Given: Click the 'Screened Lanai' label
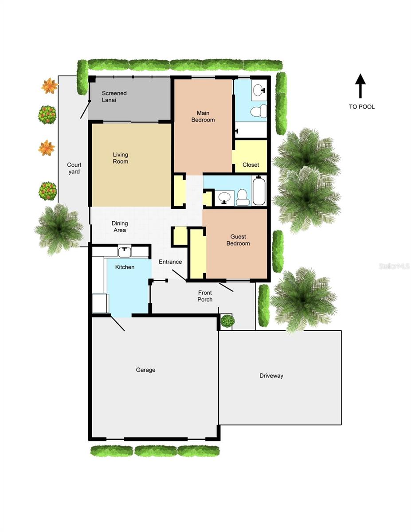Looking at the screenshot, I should [114, 97].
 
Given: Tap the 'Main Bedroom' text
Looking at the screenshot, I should [203, 117].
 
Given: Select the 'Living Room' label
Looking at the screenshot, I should [120, 158].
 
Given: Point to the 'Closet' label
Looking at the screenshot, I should [251, 165].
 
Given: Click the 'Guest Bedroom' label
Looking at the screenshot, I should [238, 240].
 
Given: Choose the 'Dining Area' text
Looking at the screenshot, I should [120, 227].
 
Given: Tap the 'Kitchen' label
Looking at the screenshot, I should [125, 267].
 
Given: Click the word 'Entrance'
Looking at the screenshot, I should [170, 262].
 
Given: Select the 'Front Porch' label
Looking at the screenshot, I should [205, 296].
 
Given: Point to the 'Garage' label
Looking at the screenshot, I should [145, 370].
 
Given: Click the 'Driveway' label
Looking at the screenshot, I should [271, 376].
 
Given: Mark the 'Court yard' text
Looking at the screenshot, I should [74, 168].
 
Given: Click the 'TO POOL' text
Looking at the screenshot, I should [361, 107].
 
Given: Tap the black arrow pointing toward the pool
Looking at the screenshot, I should [360, 86].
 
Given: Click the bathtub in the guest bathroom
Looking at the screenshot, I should [259, 191].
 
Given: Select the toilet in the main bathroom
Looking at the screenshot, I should [258, 111].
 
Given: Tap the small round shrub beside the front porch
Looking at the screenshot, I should [227, 321].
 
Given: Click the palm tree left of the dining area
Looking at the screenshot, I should [59, 229].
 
